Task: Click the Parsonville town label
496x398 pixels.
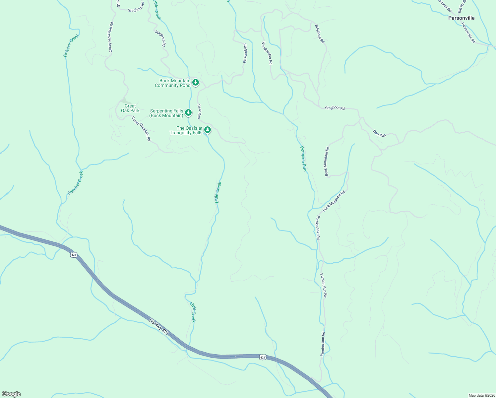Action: [x=461, y=18]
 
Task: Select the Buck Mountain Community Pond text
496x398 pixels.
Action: [x=173, y=83]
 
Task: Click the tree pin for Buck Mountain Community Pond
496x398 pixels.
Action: [x=196, y=82]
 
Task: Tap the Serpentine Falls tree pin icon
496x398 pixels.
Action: [x=188, y=112]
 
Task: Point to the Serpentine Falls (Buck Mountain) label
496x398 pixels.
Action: [x=166, y=113]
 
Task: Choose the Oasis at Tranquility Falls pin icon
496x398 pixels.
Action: [x=208, y=129]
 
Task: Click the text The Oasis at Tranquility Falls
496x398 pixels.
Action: [x=186, y=130]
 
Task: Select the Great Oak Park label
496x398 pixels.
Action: [x=130, y=108]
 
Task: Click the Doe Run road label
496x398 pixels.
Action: [x=379, y=133]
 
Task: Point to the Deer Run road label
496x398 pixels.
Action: [x=199, y=111]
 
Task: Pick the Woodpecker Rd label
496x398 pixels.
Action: [x=267, y=53]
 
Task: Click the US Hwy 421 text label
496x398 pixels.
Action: [x=159, y=326]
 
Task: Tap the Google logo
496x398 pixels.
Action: [x=11, y=394]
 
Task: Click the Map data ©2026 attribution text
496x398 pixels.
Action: [x=481, y=395]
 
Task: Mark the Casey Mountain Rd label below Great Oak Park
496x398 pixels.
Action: [x=141, y=129]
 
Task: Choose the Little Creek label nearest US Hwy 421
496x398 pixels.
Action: [x=193, y=312]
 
